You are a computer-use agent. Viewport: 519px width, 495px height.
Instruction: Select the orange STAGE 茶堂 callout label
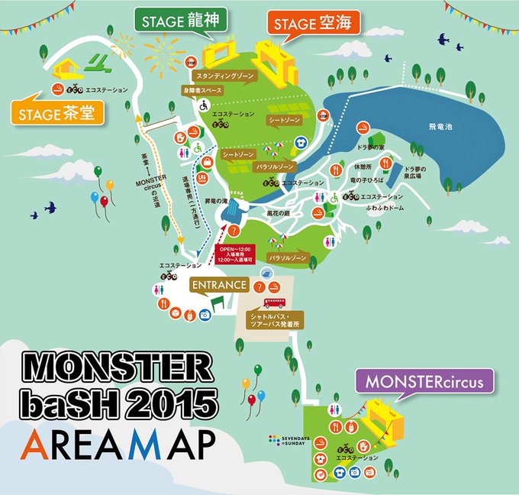[56, 115]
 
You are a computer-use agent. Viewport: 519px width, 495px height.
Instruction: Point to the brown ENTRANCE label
[219, 285]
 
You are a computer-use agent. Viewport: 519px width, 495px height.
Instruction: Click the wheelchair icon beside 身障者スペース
[204, 106]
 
